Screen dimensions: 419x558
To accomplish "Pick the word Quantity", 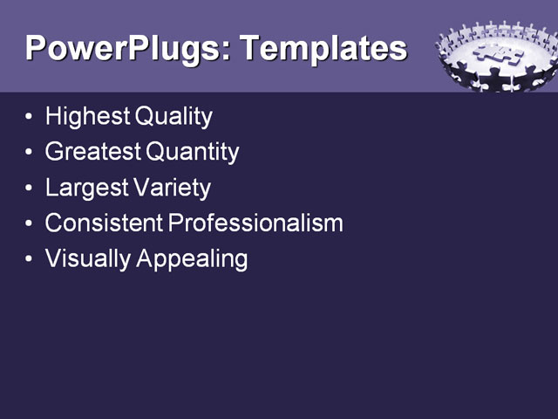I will [x=193, y=152].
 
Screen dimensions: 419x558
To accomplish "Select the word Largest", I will [x=85, y=188].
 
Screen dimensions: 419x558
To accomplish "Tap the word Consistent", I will [x=104, y=223].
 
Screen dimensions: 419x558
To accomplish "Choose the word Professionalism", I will [x=255, y=223].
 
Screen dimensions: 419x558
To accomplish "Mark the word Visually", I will [x=86, y=259].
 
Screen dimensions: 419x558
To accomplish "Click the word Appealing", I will [x=193, y=259].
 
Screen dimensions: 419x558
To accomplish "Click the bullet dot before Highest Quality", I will [x=31, y=117].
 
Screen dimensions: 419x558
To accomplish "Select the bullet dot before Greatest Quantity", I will [x=31, y=153].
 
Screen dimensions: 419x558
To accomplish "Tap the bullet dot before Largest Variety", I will [x=31, y=189].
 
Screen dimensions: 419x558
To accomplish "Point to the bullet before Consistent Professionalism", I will [x=31, y=224].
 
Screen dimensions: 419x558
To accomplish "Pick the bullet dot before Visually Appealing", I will [x=31, y=260].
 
